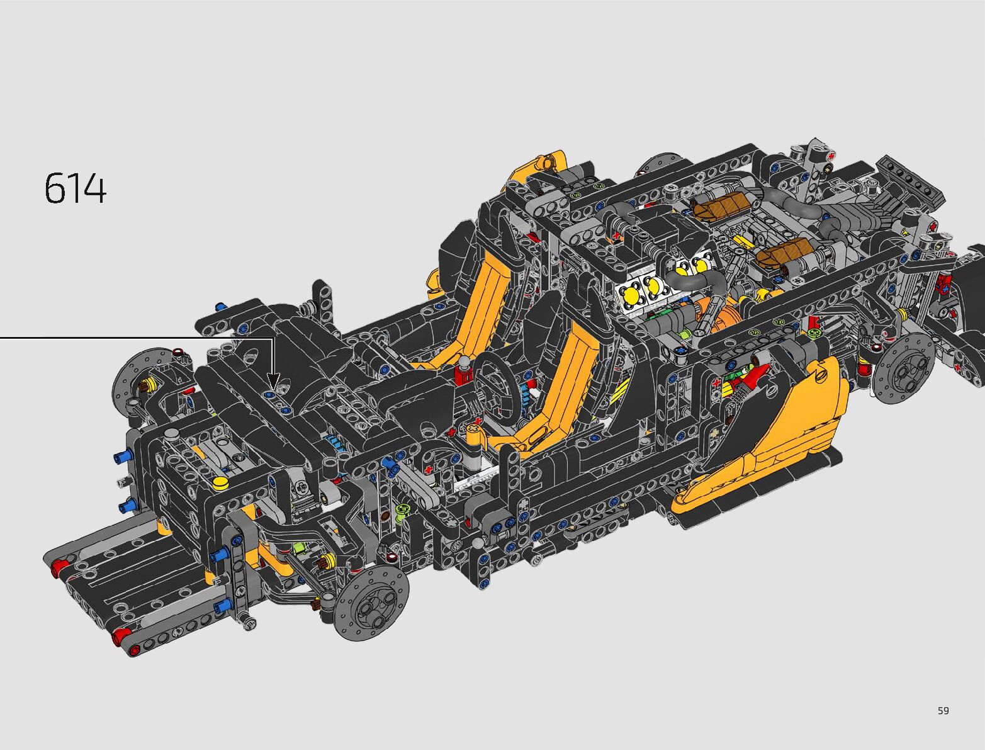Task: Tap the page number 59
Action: (x=943, y=710)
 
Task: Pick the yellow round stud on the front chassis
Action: (x=220, y=482)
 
